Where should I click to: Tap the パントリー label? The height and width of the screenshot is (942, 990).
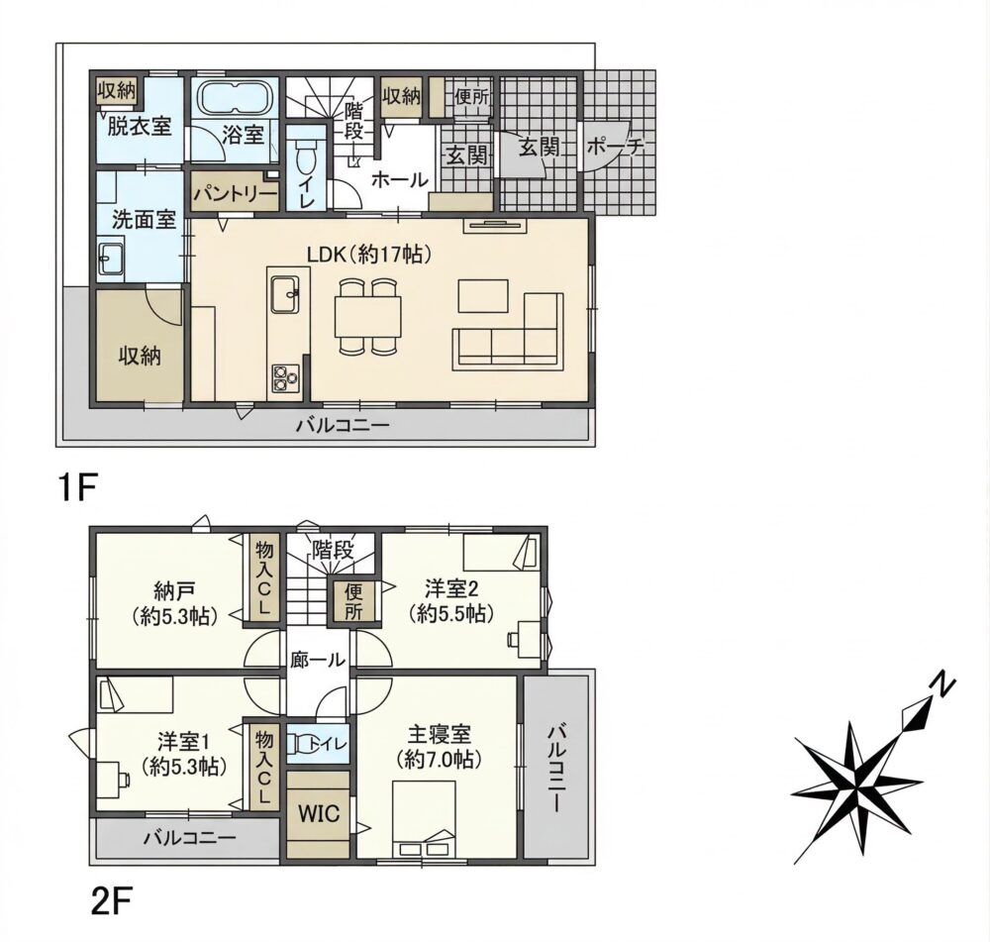click(x=235, y=193)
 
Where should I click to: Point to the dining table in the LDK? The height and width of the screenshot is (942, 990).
click(x=368, y=318)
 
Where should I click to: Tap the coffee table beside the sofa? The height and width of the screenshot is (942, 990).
click(x=483, y=296)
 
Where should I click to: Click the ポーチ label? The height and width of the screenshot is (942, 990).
click(x=615, y=148)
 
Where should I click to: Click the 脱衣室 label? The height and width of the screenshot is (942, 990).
click(x=140, y=127)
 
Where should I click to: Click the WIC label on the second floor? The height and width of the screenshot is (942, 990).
click(x=318, y=812)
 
